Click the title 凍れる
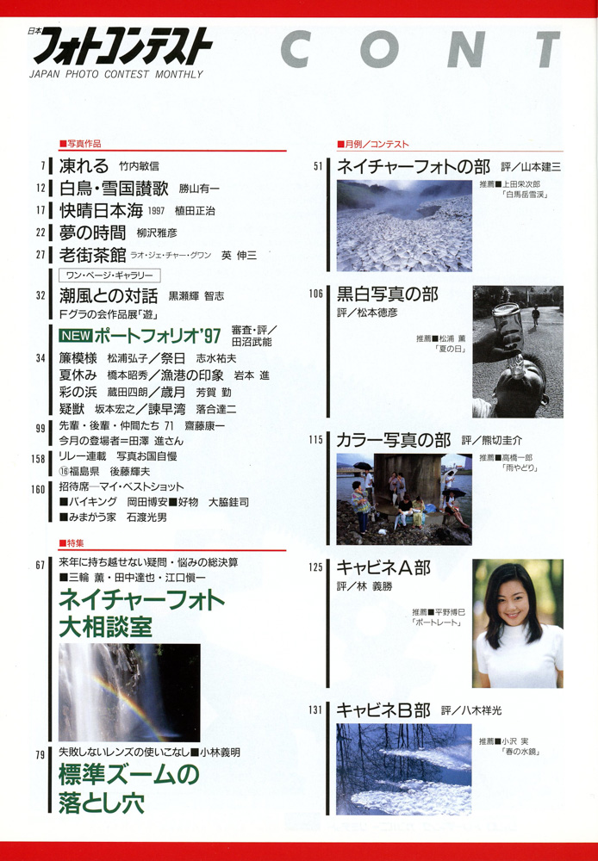(x=84, y=166)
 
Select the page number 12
(x=40, y=189)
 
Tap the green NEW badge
(x=75, y=335)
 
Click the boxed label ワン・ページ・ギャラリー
(x=109, y=276)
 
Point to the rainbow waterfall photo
(x=130, y=693)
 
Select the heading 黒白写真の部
(x=388, y=294)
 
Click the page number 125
(x=315, y=567)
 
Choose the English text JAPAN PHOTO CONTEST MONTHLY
(x=116, y=74)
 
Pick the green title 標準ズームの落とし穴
(x=129, y=789)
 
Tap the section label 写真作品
(x=80, y=144)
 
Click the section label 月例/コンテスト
(x=373, y=145)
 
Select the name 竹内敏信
(x=139, y=166)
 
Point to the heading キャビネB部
(x=383, y=710)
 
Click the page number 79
(x=40, y=755)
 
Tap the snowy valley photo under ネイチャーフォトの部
(x=404, y=226)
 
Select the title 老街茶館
(x=93, y=255)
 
